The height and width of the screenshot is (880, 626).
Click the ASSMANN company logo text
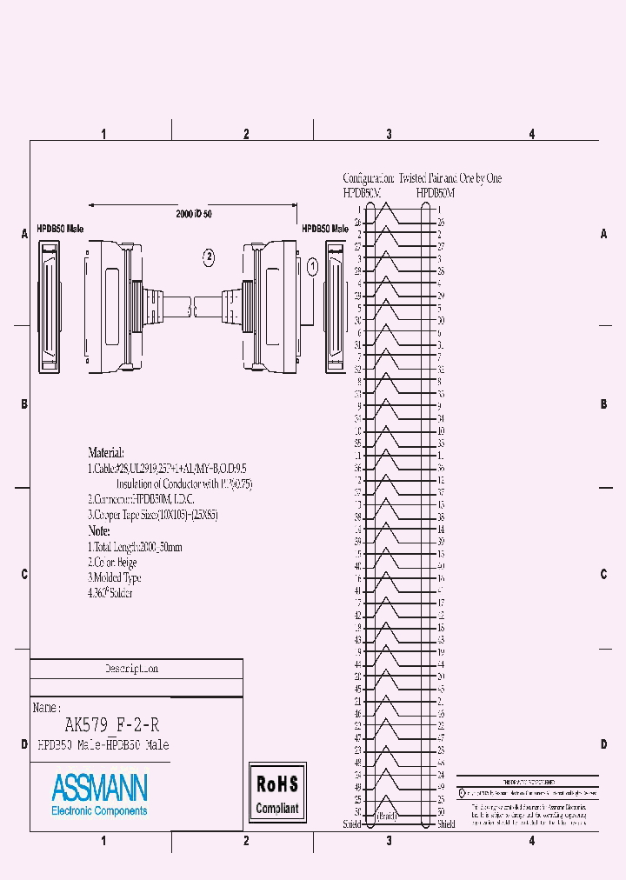point(99,788)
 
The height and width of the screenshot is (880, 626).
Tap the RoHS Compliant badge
point(277,792)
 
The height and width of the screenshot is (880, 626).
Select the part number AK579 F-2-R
point(111,724)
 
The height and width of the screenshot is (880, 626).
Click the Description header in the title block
point(131,670)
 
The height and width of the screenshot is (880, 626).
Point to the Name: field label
point(47,708)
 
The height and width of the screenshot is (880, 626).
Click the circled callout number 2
point(209,256)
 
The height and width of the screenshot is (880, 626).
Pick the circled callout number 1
point(312,267)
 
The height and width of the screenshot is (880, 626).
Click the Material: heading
point(106,453)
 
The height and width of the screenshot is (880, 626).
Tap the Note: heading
point(99,530)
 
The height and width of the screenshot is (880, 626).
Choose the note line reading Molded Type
point(115,577)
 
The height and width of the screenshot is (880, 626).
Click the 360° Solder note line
point(110,593)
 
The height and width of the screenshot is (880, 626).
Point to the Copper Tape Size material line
point(153,515)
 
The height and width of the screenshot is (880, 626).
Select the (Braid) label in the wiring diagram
point(387,816)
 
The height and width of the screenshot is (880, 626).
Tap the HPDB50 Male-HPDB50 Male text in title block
point(103,745)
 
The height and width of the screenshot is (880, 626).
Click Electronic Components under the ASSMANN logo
point(99,810)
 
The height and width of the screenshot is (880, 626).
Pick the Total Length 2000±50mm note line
point(136,547)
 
